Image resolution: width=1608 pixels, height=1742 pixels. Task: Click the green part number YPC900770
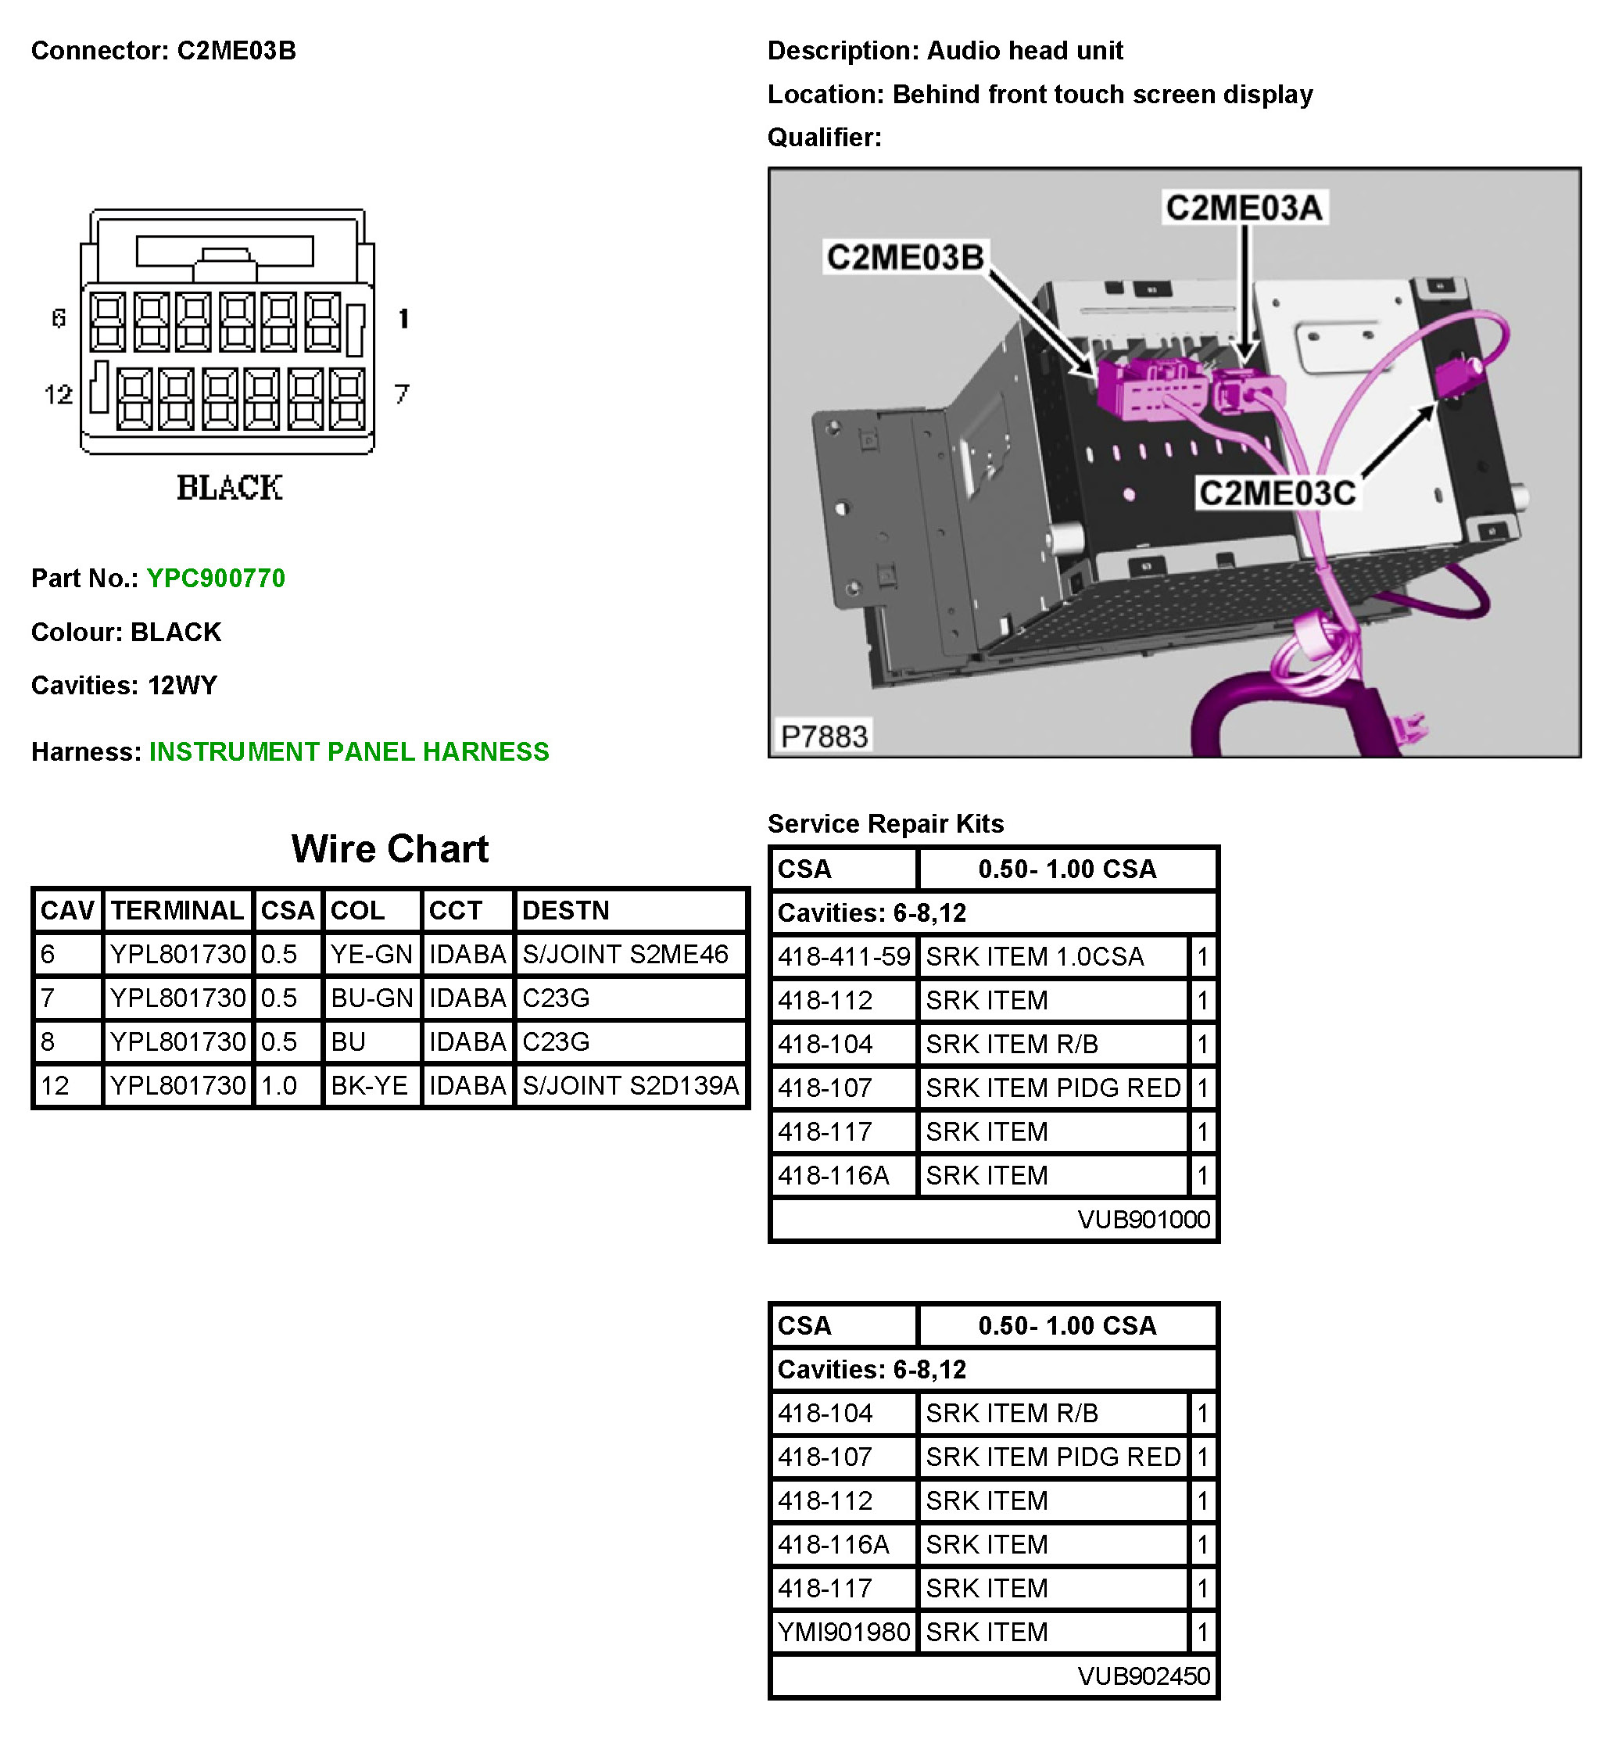click(x=215, y=579)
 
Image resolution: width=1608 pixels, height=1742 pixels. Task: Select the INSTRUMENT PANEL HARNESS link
click(x=349, y=752)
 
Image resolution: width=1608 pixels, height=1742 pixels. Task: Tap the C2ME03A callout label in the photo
click(x=1244, y=208)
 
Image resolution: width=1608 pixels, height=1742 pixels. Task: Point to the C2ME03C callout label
click(x=1277, y=493)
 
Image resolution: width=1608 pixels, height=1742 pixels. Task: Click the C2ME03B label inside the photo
click(x=905, y=257)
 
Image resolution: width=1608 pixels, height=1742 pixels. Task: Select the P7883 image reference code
click(x=823, y=737)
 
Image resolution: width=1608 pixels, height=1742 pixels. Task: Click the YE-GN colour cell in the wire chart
click(x=371, y=955)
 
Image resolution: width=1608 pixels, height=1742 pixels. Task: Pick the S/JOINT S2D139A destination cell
click(x=630, y=1086)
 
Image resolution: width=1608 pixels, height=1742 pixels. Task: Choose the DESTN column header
click(x=566, y=910)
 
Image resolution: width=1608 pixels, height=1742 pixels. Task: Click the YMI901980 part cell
click(x=843, y=1632)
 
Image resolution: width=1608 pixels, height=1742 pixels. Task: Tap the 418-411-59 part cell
click(x=843, y=957)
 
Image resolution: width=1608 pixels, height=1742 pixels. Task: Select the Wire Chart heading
click(x=390, y=848)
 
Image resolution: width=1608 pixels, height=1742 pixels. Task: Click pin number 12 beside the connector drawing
click(x=59, y=395)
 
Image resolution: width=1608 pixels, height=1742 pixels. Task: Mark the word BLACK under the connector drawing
click(x=230, y=488)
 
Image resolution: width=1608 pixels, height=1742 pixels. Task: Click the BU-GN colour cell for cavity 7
click(x=371, y=998)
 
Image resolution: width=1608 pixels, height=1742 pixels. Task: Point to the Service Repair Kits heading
click(x=885, y=823)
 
